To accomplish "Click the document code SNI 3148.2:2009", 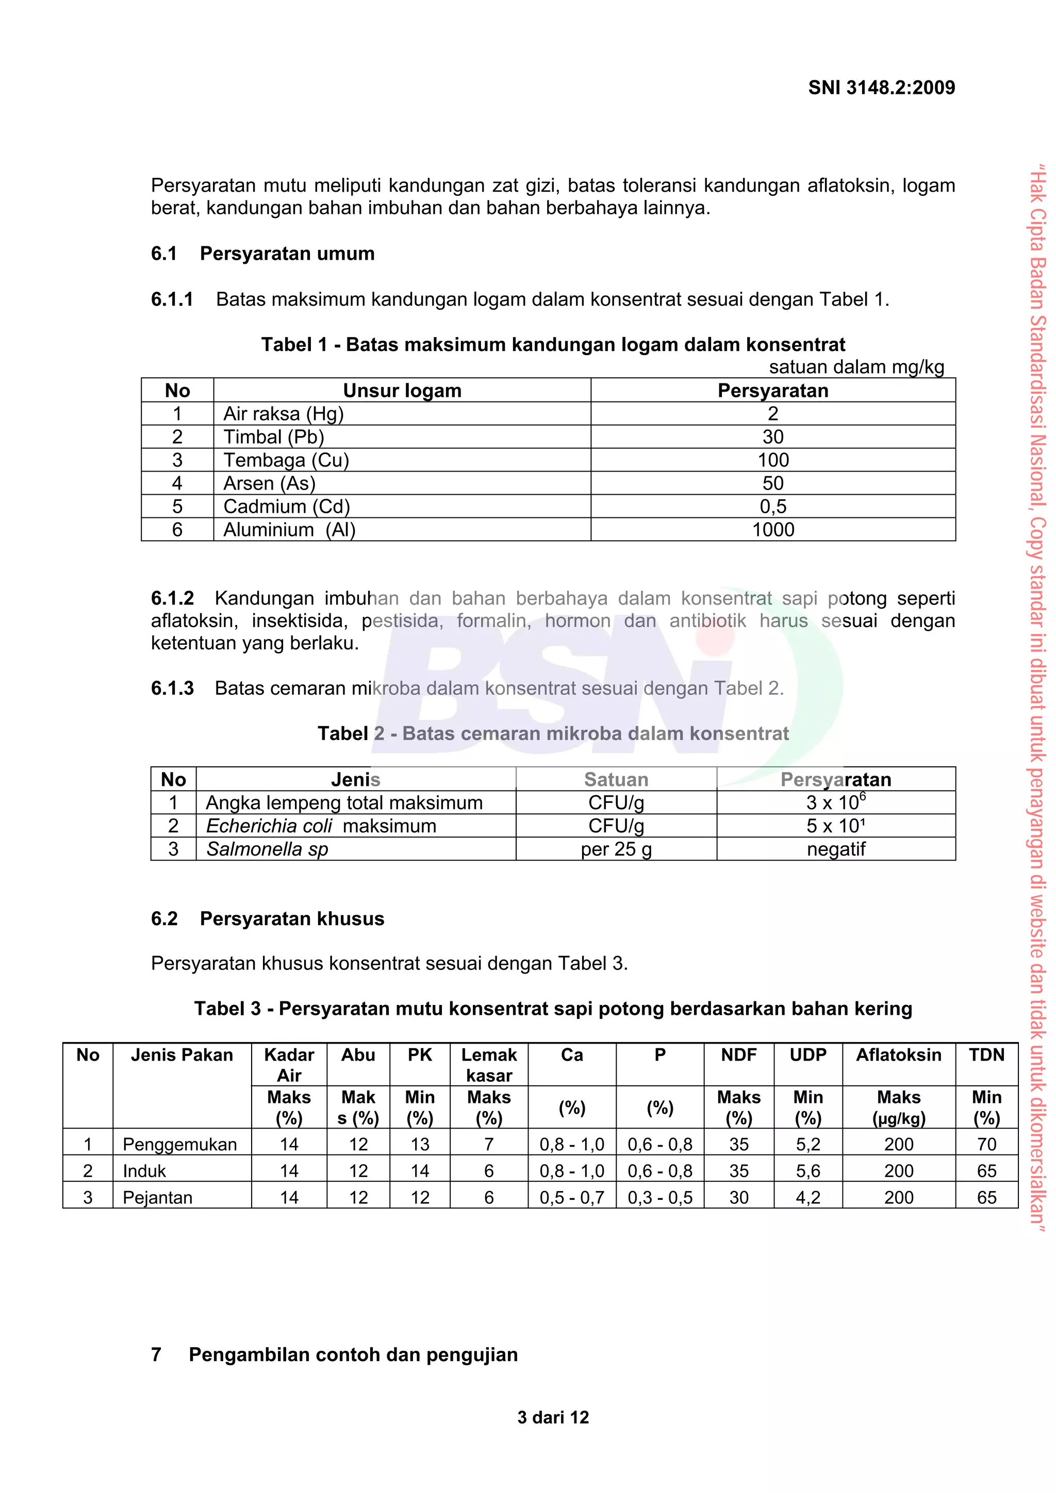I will [x=881, y=88].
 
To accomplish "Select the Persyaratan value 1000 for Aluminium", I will [x=772, y=529].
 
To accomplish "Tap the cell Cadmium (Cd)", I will [x=286, y=506].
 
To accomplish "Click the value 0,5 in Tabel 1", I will [x=772, y=506].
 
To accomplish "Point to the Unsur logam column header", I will [x=402, y=390].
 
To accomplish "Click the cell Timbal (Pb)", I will [x=273, y=437].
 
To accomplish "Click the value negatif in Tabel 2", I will [x=835, y=849].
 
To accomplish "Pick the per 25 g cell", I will [x=616, y=849].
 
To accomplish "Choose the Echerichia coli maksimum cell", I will [x=321, y=825].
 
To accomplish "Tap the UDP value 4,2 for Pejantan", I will [x=807, y=1197].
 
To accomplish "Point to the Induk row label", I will [x=144, y=1170].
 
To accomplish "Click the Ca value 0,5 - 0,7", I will [x=571, y=1197].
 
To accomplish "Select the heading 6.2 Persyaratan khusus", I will [x=268, y=918].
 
